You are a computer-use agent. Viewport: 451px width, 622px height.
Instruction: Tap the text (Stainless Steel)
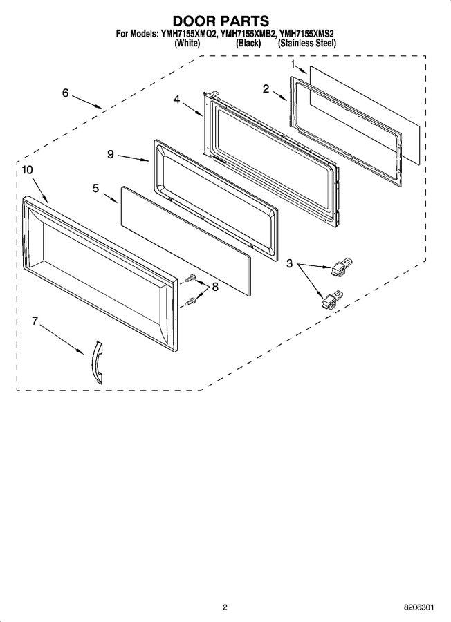tap(306, 43)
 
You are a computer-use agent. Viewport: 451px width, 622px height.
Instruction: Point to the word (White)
tap(187, 43)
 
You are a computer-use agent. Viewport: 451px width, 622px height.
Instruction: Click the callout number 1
tap(293, 64)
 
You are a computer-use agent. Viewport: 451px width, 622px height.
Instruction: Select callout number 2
tap(266, 88)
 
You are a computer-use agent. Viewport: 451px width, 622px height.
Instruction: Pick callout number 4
tap(177, 100)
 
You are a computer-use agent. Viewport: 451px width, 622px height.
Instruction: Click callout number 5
tap(96, 187)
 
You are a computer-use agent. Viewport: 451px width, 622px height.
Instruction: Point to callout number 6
tap(65, 93)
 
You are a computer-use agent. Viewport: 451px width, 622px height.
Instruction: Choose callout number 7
tap(37, 321)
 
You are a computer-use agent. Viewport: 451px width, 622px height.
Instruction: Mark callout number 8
tap(214, 286)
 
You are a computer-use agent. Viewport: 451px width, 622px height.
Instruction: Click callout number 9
tap(111, 155)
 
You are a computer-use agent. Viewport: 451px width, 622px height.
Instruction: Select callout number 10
tap(27, 169)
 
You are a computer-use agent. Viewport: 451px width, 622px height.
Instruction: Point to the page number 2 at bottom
tap(225, 607)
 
